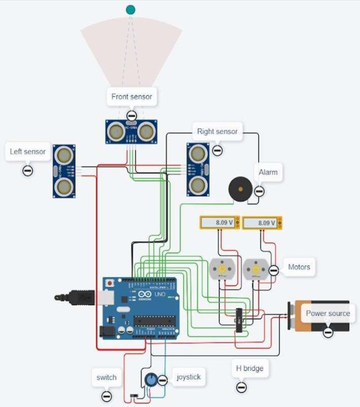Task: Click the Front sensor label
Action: (131, 96)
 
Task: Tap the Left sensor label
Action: (28, 152)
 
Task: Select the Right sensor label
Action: (217, 131)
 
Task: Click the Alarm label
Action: (268, 172)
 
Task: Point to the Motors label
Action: (299, 267)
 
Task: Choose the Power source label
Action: (328, 313)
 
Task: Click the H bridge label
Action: (249, 368)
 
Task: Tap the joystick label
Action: (189, 377)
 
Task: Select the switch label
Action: (106, 377)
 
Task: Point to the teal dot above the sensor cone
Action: (130, 9)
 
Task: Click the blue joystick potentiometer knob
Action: (150, 380)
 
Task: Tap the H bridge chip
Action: (239, 320)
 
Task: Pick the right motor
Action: (256, 269)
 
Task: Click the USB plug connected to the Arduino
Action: (78, 297)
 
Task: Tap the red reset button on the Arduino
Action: (110, 284)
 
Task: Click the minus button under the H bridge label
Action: (241, 387)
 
